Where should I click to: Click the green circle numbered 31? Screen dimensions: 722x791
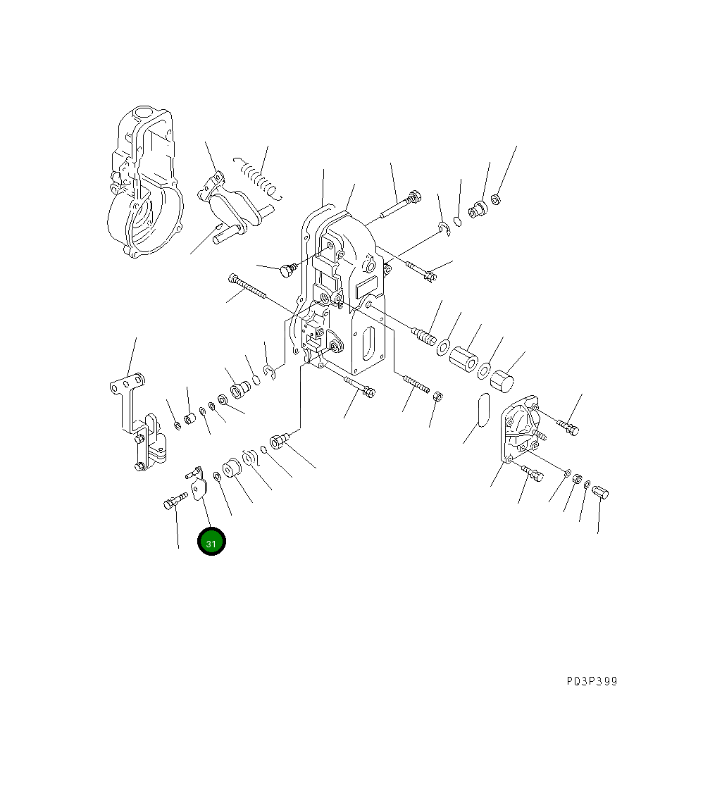(211, 542)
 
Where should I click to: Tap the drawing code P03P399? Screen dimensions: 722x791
(592, 682)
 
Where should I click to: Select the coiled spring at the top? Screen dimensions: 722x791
(257, 177)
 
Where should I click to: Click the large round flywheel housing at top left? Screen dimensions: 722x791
(145, 182)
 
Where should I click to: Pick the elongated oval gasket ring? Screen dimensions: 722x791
(483, 410)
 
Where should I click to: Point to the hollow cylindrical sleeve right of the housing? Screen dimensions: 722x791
(463, 359)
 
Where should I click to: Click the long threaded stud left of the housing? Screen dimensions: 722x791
(247, 285)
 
